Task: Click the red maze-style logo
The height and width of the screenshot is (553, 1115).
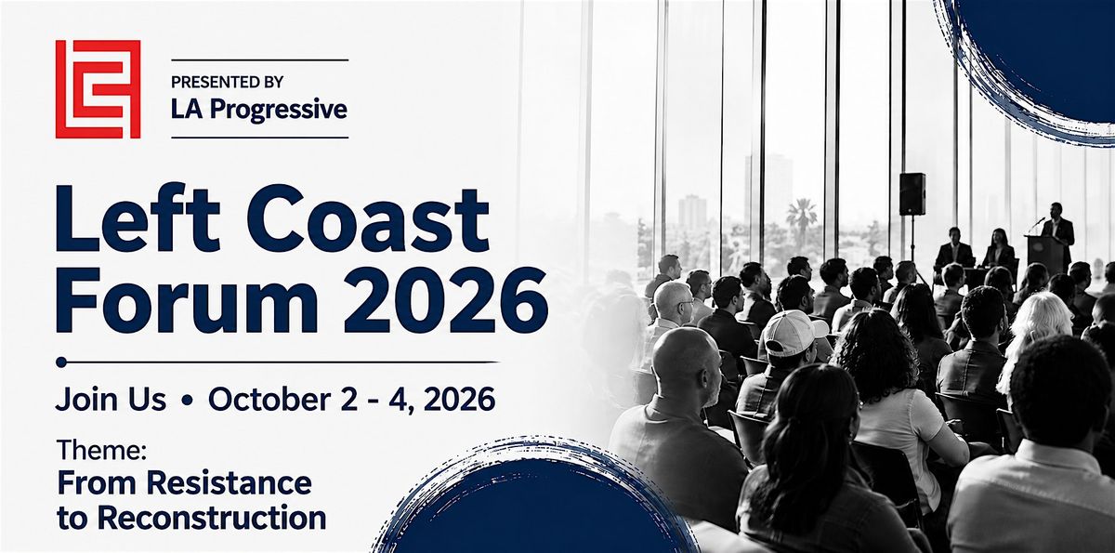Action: point(98,89)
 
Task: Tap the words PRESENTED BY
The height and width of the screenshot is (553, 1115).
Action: point(227,82)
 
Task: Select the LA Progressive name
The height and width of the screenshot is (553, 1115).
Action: point(259,110)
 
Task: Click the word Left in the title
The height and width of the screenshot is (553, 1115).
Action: point(138,219)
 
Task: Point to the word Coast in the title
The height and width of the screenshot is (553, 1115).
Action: point(374,219)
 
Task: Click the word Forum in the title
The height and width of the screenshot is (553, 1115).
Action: point(187,300)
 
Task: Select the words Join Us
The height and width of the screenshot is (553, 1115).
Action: point(111,400)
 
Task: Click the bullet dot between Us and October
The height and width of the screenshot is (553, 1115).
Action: point(187,401)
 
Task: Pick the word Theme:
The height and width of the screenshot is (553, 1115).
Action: point(101,450)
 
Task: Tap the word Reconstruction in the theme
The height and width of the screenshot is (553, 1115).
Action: point(212,519)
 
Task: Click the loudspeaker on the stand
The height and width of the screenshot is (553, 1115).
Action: point(912,194)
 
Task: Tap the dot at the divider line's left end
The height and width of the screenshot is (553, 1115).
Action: point(61,362)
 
